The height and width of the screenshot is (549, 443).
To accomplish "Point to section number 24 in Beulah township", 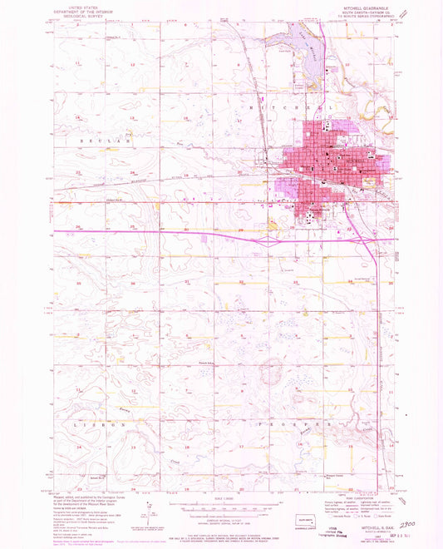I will point(135,173).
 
